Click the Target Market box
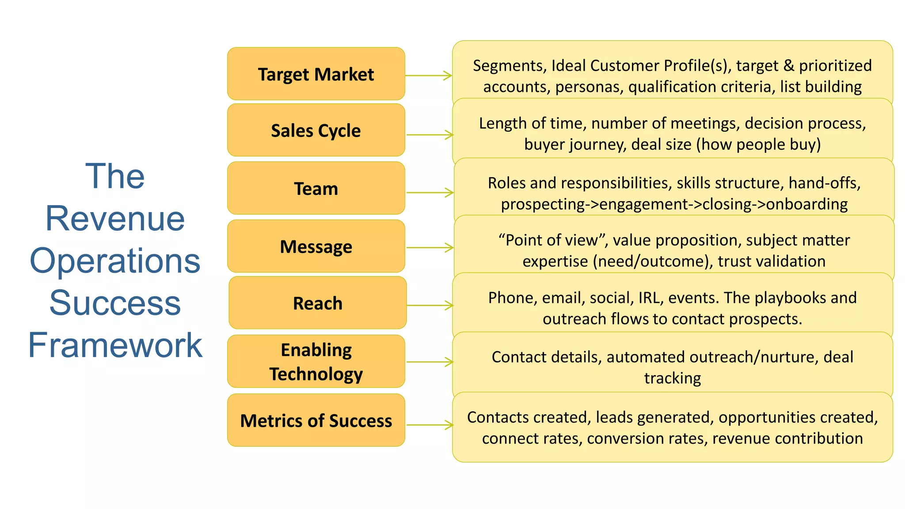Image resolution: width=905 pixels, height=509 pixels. pos(316,74)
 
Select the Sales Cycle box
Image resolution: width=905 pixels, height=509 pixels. pos(316,130)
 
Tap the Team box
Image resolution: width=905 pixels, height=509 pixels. pos(316,188)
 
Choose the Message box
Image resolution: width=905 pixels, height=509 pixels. pos(316,246)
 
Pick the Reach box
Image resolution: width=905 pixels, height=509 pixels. pos(317,303)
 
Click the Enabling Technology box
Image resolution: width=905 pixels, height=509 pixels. pos(316,361)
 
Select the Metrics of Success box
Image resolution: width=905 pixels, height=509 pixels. pos(316,420)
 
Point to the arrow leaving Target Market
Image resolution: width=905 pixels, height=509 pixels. pos(428,76)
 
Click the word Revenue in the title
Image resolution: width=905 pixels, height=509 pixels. pos(115,218)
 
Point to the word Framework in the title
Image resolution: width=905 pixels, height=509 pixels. pos(115,345)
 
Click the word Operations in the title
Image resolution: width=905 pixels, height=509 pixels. pos(115,261)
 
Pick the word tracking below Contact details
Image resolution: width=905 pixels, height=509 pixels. pos(672,378)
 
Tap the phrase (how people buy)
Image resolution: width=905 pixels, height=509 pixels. pos(758,144)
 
